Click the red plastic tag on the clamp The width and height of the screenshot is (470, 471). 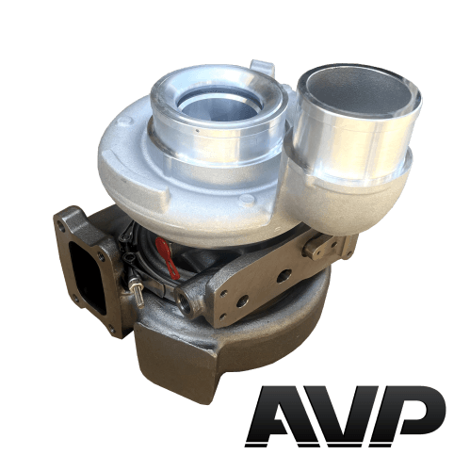(168, 258)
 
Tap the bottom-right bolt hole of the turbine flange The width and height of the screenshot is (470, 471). (111, 330)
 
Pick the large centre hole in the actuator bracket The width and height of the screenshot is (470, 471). (284, 276)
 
